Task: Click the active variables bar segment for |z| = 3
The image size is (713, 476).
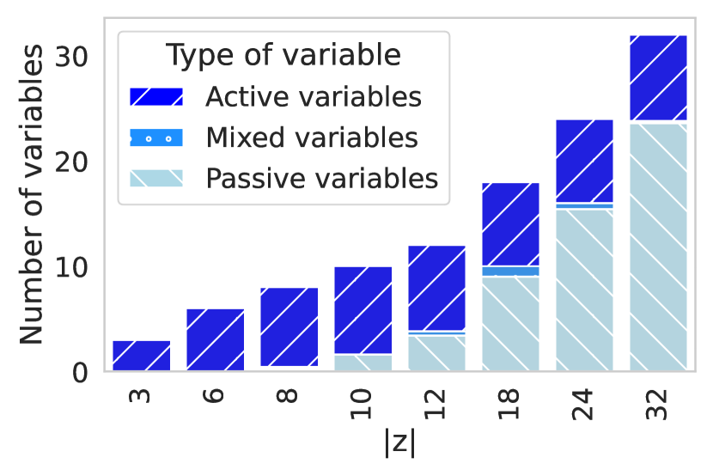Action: [142, 356]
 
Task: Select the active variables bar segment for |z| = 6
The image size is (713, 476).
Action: [215, 339]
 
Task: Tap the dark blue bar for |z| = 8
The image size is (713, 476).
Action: [289, 326]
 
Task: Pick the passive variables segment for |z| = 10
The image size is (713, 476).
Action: [363, 363]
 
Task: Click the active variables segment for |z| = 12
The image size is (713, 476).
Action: [437, 288]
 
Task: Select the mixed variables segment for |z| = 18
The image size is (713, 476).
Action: [510, 271]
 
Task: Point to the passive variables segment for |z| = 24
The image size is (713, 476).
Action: [585, 290]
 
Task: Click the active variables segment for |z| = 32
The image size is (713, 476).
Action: [658, 77]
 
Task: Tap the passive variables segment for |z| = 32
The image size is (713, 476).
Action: [658, 247]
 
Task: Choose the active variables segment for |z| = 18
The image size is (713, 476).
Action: [510, 224]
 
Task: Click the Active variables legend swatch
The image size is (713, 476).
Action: [156, 97]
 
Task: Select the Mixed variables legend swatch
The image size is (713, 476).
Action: [156, 137]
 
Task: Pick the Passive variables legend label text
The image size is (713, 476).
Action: [322, 178]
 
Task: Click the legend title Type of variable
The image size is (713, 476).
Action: [283, 55]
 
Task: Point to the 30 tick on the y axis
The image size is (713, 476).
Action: [71, 58]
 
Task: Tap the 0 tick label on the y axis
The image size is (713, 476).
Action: [80, 373]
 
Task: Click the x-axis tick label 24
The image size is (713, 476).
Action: [583, 404]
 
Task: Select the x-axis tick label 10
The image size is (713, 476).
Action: [362, 404]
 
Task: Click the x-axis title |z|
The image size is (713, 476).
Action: [399, 442]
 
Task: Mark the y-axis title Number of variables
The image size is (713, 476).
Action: [31, 194]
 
